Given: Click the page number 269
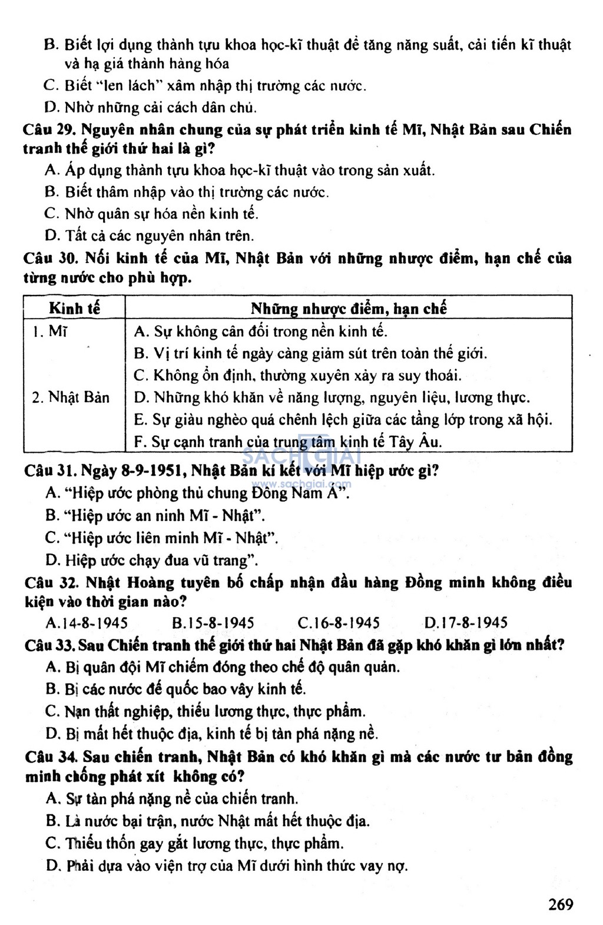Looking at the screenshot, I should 560,904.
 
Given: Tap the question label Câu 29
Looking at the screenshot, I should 48,130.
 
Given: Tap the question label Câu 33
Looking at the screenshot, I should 49,645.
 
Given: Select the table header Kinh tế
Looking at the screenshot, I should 74,308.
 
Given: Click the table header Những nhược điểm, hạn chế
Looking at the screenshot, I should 349,308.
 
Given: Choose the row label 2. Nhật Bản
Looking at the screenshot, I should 71,397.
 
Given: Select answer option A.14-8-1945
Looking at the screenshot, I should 87,623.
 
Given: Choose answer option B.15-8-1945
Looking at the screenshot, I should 213,623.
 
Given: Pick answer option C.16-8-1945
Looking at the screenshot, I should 339,623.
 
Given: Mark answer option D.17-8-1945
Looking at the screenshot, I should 466,623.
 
